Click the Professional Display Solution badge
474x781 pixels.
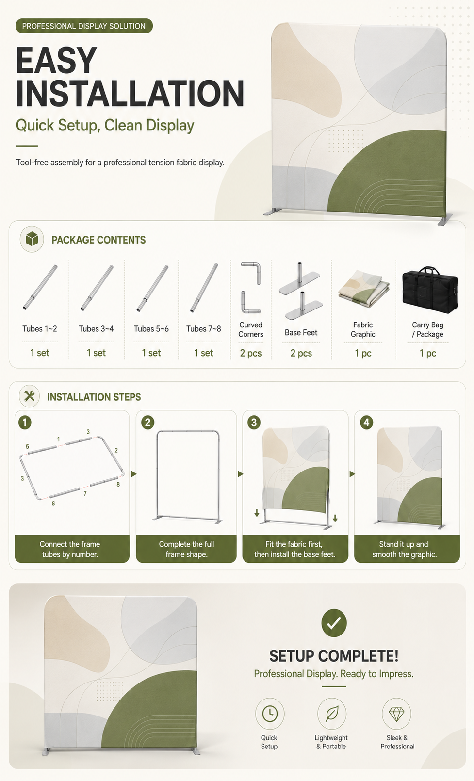tap(84, 26)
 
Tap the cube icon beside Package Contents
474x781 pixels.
tap(32, 239)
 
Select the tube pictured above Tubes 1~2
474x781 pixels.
tap(40, 287)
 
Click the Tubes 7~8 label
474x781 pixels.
tap(204, 329)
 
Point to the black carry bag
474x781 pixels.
tap(430, 290)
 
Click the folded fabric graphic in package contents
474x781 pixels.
tap(363, 288)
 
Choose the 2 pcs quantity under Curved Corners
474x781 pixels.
tap(251, 353)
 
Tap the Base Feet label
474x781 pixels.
tap(301, 333)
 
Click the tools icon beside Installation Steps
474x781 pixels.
tap(29, 396)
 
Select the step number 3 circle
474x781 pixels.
tap(254, 423)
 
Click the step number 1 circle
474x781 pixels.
tap(25, 423)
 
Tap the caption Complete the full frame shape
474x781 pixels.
tap(187, 549)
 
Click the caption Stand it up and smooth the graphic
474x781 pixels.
tap(404, 549)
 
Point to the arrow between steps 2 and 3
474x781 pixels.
tap(240, 474)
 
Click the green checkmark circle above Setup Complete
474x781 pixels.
tap(334, 623)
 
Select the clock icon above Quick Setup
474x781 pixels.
tap(270, 714)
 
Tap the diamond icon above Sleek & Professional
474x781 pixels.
tap(396, 714)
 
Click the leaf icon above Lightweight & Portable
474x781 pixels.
tap(332, 714)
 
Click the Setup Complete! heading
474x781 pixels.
tap(334, 656)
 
